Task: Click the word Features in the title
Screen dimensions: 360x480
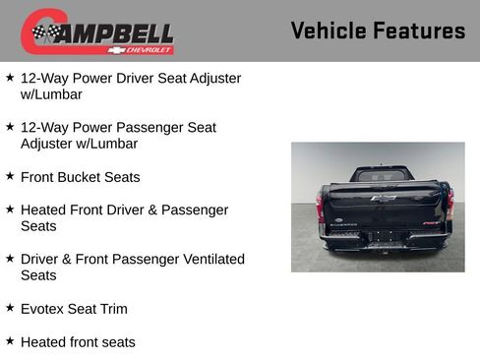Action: coord(419,30)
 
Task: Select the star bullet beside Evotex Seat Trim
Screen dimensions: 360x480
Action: coord(10,308)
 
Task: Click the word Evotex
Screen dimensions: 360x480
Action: coord(42,309)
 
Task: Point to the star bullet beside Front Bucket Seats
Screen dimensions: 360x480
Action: coord(10,176)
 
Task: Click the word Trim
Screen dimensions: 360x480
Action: coord(113,309)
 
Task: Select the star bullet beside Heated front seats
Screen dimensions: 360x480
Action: coord(10,340)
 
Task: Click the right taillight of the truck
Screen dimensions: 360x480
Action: coord(450,205)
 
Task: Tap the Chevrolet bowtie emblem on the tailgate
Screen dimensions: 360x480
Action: coord(384,198)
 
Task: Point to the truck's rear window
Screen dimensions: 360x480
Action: coord(384,176)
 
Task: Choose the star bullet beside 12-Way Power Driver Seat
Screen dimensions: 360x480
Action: coord(10,77)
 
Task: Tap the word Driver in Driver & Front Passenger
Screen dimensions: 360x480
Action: coord(41,260)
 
